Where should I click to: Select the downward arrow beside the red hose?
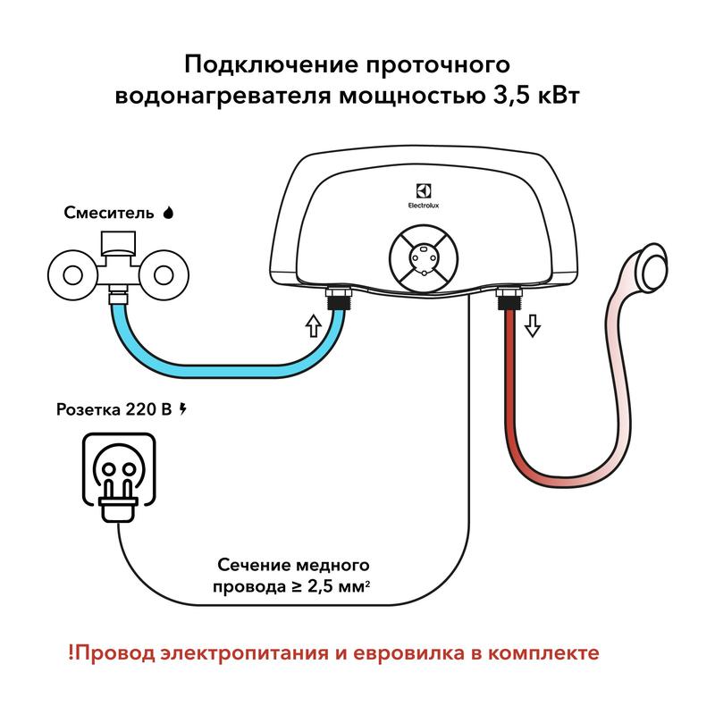tap(533, 325)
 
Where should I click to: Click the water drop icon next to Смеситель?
tap(168, 213)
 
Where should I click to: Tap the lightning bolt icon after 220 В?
tap(184, 409)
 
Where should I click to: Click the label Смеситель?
tap(108, 214)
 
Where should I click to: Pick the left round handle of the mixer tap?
tap(69, 273)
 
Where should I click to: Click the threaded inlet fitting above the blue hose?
tap(338, 298)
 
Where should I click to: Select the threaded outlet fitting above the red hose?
tap(507, 298)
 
